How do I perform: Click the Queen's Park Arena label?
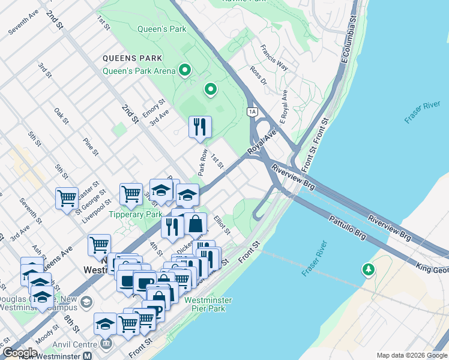coord(139,71)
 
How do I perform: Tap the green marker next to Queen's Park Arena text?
coord(185,71)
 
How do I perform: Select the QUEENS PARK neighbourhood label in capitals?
coord(133,58)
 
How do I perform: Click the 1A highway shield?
coord(252,111)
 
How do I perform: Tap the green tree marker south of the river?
coord(367,271)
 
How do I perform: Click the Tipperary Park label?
coord(135,214)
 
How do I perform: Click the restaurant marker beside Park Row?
coord(200,127)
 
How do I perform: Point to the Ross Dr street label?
coord(259,76)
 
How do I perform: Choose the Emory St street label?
coord(153,108)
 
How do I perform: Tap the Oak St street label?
coord(61,116)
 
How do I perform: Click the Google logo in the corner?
coord(20,353)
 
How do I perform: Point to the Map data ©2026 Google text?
coord(411,355)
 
